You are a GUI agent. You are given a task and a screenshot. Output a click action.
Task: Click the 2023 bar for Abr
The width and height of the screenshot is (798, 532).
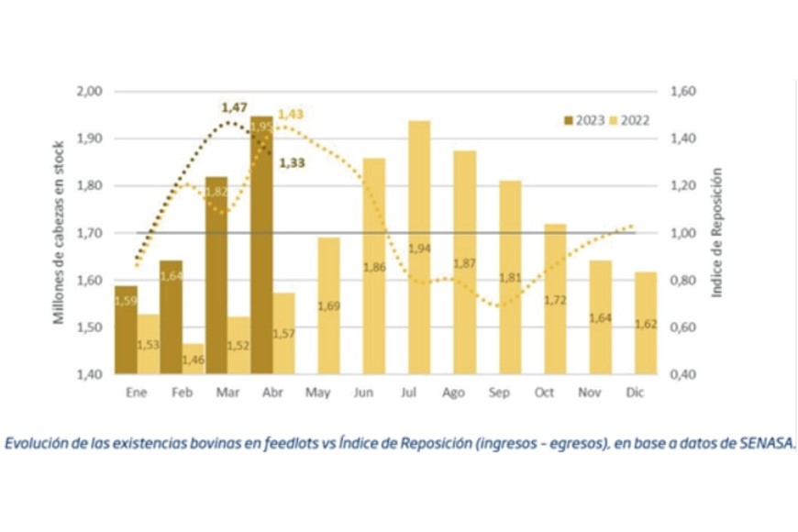(261, 246)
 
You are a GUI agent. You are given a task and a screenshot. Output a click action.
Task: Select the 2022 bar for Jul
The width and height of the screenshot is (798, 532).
(419, 248)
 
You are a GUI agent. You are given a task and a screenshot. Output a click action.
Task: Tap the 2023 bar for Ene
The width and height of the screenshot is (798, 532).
(127, 330)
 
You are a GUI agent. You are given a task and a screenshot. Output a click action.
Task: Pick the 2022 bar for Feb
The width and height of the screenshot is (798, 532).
(193, 359)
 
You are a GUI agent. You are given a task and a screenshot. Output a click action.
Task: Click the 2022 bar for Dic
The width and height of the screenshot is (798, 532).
(645, 323)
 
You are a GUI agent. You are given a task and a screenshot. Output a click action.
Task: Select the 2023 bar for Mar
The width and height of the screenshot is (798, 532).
(216, 275)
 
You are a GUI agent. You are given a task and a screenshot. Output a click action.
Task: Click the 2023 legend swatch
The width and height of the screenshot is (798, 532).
(569, 120)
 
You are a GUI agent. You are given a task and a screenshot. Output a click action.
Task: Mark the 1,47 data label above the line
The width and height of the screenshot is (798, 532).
(235, 108)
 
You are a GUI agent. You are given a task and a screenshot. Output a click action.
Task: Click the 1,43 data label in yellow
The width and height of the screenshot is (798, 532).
(290, 114)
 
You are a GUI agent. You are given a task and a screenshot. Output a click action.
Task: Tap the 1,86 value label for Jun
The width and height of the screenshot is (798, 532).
(374, 267)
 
